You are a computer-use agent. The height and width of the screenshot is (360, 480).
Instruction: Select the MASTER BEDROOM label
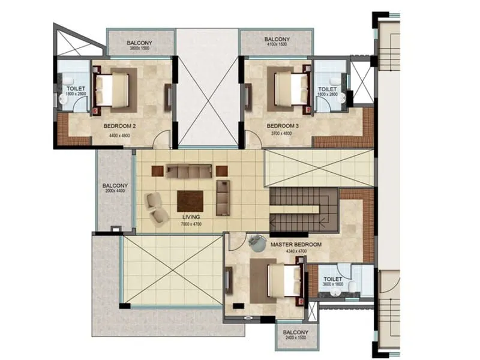click(x=296, y=245)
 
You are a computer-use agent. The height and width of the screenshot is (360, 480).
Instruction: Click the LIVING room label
click(x=191, y=217)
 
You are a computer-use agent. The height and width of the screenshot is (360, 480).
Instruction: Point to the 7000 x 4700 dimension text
click(x=191, y=224)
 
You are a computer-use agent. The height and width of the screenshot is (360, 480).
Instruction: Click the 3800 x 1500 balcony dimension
click(x=140, y=49)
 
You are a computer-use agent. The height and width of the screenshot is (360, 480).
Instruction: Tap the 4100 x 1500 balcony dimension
click(x=277, y=46)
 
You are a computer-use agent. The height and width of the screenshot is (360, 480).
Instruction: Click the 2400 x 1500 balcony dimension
click(x=295, y=339)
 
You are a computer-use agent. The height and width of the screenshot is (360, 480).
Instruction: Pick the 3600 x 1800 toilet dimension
click(x=333, y=286)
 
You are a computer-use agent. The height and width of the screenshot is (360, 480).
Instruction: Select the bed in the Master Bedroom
click(x=283, y=281)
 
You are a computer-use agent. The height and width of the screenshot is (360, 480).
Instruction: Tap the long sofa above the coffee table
click(x=189, y=172)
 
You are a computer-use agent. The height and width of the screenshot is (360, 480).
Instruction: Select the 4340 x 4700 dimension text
click(x=296, y=253)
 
